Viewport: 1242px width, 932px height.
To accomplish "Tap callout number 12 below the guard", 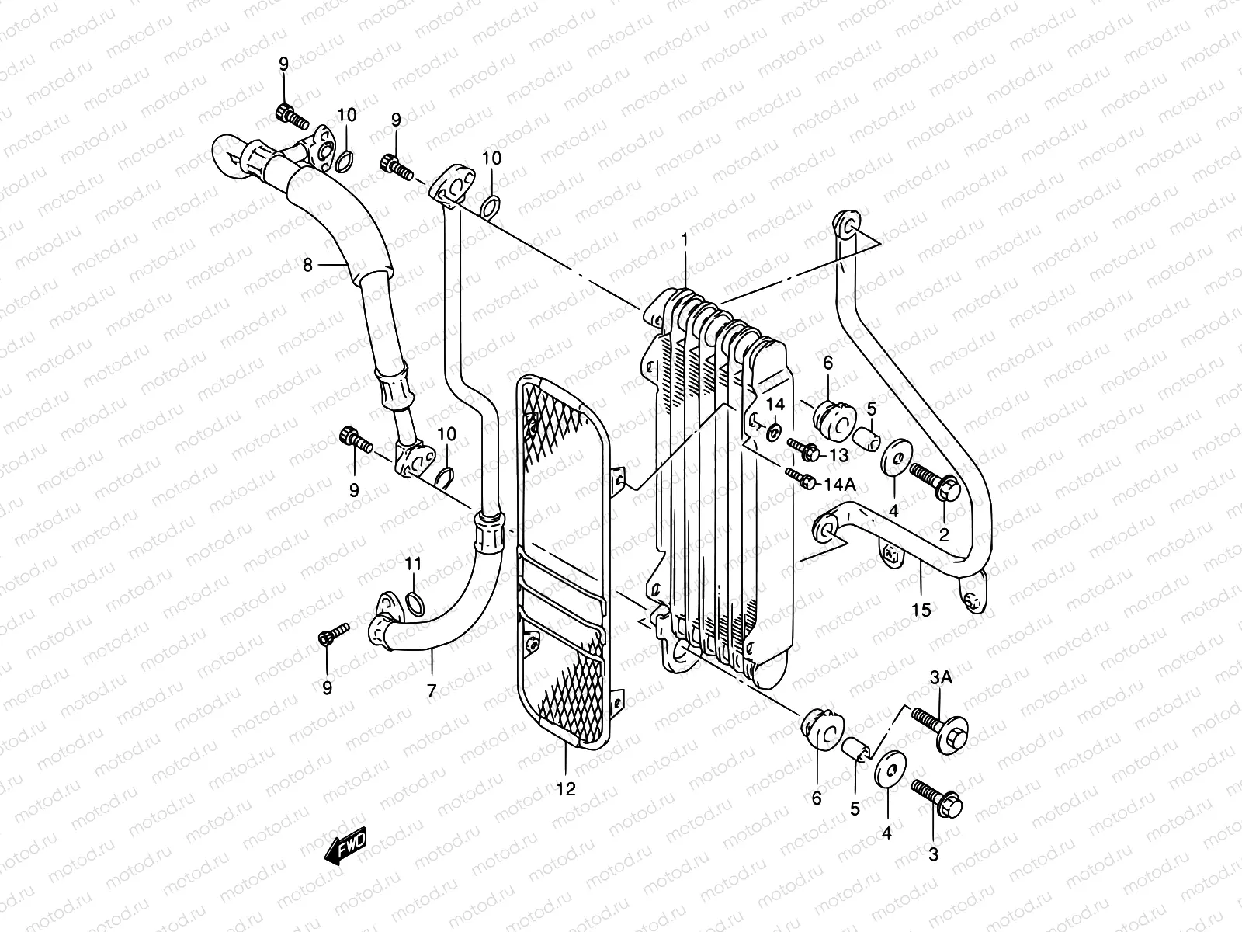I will tap(566, 789).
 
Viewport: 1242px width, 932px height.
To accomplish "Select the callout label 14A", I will tap(839, 484).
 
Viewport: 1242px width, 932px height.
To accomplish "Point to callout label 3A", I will tap(941, 679).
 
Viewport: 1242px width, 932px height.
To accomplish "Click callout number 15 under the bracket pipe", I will tap(921, 610).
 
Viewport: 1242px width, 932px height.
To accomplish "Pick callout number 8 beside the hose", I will tap(307, 265).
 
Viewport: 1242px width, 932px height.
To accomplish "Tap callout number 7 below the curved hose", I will tap(432, 690).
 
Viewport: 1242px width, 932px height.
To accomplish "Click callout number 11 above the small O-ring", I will tap(413, 562).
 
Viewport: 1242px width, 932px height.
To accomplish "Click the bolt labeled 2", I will tap(936, 482).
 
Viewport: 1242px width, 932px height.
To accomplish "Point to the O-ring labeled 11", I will tap(415, 603).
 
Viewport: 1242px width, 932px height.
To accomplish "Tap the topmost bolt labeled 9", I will tap(288, 114).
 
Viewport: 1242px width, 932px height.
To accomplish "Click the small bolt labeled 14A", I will tap(800, 478).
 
